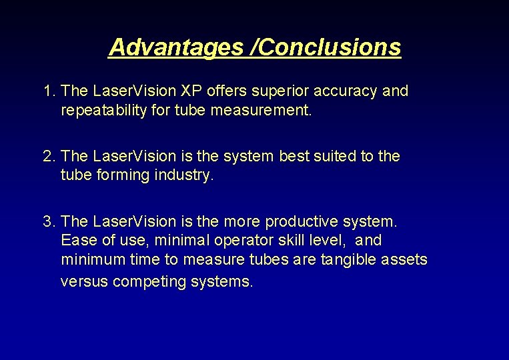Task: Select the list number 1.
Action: pos(47,91)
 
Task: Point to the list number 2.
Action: pos(47,156)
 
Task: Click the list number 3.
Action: pos(47,221)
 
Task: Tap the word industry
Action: pos(183,175)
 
